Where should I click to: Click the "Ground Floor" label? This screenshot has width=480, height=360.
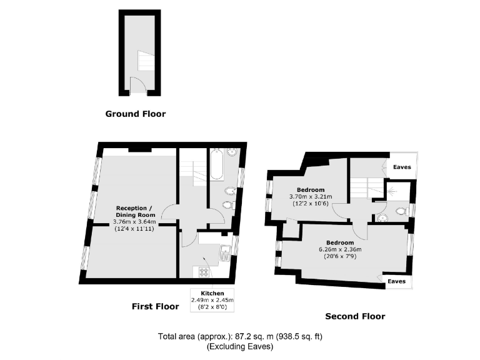pos(135,114)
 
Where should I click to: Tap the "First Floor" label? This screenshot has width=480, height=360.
pos(155,306)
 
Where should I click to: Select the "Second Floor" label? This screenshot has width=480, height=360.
pos(356,316)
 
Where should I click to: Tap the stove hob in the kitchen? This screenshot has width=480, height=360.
pos(204,272)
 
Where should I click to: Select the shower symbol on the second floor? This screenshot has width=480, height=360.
pos(392,192)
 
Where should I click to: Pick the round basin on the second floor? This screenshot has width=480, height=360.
pos(382,217)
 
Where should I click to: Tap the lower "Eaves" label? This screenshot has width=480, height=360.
pos(396,282)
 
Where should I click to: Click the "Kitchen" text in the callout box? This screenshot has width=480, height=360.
pos(208,293)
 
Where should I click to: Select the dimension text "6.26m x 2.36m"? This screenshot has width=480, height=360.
pos(339,249)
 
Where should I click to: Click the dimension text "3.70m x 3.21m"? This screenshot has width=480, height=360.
pos(310,197)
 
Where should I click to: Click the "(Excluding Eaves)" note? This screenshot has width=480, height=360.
pos(240,346)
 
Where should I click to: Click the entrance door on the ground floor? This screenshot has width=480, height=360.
pos(137,87)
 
